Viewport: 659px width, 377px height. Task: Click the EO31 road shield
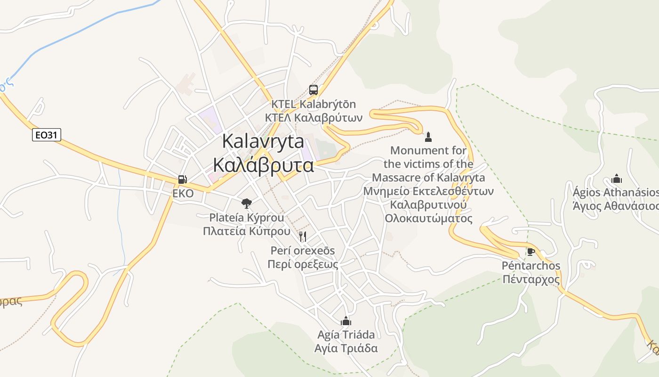(x=47, y=135)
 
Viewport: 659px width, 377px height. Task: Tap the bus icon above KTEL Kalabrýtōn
(x=313, y=90)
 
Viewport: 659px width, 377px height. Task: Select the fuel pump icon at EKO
(x=182, y=180)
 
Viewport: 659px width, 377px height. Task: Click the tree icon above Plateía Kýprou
(x=246, y=204)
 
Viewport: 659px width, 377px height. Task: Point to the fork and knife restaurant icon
(x=303, y=236)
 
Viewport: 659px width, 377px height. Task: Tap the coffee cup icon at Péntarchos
(x=530, y=252)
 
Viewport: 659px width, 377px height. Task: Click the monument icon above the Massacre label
(x=428, y=137)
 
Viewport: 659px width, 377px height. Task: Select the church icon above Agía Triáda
(x=346, y=321)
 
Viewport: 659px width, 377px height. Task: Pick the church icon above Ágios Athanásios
(x=617, y=179)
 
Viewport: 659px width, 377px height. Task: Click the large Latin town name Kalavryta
(x=263, y=141)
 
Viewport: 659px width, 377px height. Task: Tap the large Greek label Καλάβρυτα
(x=263, y=165)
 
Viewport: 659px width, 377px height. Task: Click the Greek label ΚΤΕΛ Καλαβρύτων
(x=313, y=117)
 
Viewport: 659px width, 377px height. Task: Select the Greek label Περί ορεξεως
(x=303, y=264)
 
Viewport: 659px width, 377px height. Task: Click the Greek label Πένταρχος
(x=531, y=279)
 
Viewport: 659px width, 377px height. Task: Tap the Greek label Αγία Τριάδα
(x=346, y=349)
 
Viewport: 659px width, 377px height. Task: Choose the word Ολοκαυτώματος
(x=428, y=219)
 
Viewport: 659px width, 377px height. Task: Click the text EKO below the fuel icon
(x=183, y=193)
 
